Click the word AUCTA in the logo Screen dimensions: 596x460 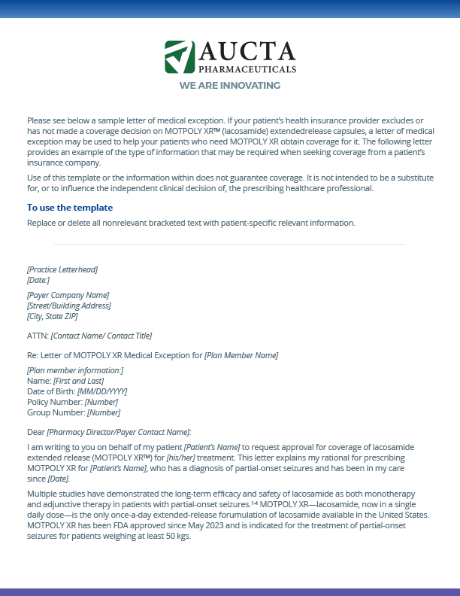point(247,51)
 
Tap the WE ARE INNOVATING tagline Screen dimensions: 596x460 point(229,86)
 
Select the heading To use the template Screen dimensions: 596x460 point(70,208)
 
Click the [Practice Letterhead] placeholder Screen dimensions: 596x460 point(62,269)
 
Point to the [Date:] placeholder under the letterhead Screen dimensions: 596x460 point(38,280)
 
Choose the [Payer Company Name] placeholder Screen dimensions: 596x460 point(68,295)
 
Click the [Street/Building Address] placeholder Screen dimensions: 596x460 point(69,306)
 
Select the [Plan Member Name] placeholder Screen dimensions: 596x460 point(241,355)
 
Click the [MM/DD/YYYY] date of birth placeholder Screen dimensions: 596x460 point(102,391)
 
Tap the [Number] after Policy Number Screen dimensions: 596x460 point(101,402)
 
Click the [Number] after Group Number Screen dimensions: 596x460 point(104,412)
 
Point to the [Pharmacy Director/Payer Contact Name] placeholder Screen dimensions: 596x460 point(120,432)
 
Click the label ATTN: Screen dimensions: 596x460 point(38,336)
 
